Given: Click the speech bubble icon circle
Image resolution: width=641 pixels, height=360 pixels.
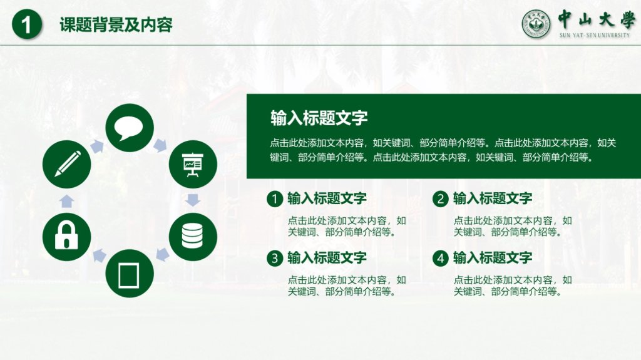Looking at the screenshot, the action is (130, 128).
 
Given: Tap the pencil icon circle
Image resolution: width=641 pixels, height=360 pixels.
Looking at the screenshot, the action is (66, 164).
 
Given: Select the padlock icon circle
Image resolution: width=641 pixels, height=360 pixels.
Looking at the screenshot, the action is (66, 237).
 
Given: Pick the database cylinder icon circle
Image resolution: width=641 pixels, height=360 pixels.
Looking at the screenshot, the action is (193, 237).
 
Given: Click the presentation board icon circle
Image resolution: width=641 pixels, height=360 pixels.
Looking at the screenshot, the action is (193, 164).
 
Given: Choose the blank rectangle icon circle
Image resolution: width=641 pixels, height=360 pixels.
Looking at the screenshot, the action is (130, 273).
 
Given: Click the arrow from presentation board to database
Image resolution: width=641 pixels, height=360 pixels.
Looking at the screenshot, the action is (193, 200).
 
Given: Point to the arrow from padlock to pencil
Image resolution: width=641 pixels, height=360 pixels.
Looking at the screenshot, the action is (66, 201).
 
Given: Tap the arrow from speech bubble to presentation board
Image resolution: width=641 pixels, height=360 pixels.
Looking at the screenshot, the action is (160, 145).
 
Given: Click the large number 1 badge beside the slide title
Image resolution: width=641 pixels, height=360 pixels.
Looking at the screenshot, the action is (27, 24).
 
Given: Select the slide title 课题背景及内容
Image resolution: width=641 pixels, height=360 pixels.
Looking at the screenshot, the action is (116, 24).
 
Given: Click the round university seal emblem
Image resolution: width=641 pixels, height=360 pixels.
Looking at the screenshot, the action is (536, 24).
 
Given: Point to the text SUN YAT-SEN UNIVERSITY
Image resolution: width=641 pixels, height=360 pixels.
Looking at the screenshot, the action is (595, 35).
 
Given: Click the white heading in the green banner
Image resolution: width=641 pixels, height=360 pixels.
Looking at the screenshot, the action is (319, 118).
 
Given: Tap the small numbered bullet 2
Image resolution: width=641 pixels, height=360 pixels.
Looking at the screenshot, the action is (440, 199).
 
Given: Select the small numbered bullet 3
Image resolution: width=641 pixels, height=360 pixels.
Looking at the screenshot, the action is (275, 258).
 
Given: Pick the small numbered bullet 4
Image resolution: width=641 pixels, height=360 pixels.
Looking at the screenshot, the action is (440, 258).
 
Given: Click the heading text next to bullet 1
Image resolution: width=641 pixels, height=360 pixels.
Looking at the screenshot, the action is (327, 198).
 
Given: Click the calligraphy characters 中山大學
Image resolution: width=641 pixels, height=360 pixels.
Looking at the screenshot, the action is (596, 19).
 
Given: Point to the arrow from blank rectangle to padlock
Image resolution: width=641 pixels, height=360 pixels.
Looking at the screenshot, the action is (99, 255).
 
